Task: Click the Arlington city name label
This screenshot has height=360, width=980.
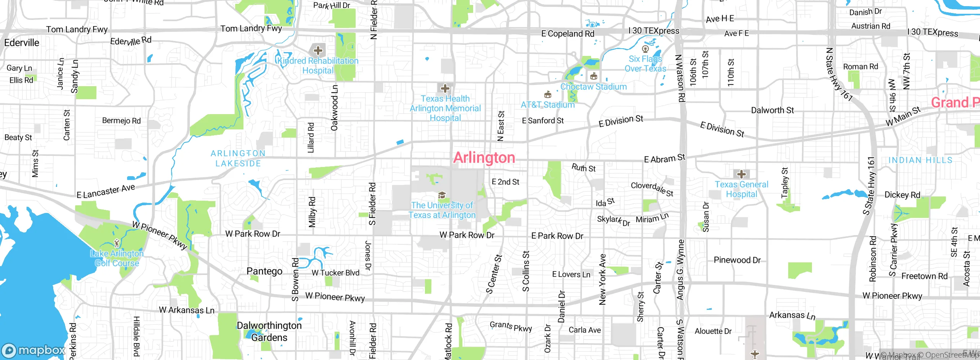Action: [484, 157]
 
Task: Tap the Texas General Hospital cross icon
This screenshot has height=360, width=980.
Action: [742, 174]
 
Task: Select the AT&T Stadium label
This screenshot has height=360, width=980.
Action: [548, 105]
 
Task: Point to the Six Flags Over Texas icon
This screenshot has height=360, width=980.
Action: [645, 49]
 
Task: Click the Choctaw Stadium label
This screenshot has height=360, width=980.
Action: [593, 87]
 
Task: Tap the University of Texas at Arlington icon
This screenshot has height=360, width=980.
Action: [442, 195]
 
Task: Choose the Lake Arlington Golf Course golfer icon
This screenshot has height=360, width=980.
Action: [117, 243]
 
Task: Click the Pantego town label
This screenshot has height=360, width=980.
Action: [265, 271]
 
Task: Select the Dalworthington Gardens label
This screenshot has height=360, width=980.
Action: [269, 331]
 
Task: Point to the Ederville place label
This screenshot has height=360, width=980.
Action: [22, 43]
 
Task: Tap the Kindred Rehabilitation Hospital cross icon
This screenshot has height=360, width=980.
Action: [318, 51]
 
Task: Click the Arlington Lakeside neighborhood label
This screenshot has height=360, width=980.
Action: [238, 158]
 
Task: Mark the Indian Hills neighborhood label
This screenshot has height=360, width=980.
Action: [920, 160]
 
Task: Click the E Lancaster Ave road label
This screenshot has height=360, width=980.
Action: [106, 191]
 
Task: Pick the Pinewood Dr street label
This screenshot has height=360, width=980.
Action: [737, 260]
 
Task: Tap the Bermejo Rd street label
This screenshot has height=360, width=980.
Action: [121, 121]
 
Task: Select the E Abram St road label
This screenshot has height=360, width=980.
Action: [665, 159]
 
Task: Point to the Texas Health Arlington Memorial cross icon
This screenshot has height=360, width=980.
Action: [445, 89]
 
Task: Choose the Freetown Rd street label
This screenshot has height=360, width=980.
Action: [924, 276]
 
